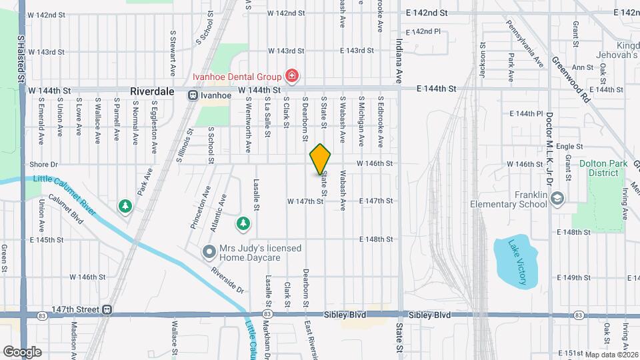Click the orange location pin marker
coord(320,159)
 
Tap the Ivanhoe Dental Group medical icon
coord(291,76)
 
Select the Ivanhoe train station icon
coord(193,95)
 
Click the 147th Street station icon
coord(107,309)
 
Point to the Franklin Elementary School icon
coord(557,197)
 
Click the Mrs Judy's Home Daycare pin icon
coord(209,252)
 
